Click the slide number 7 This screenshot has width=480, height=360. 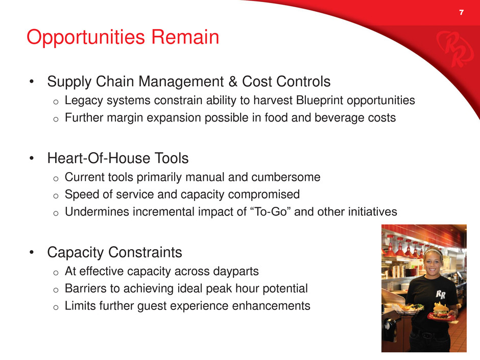click(x=461, y=12)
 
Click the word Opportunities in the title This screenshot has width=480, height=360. click(x=86, y=38)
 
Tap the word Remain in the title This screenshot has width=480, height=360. click(x=185, y=37)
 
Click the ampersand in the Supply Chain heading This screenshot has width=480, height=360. click(x=233, y=82)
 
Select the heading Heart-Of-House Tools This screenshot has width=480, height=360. click(x=117, y=158)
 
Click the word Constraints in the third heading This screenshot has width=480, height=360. click(x=145, y=253)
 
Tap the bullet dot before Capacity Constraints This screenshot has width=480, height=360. click(x=32, y=253)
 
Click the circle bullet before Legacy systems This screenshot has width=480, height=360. click(x=56, y=102)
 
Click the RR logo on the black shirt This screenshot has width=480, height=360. click(x=441, y=295)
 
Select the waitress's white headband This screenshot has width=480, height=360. click(x=432, y=252)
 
